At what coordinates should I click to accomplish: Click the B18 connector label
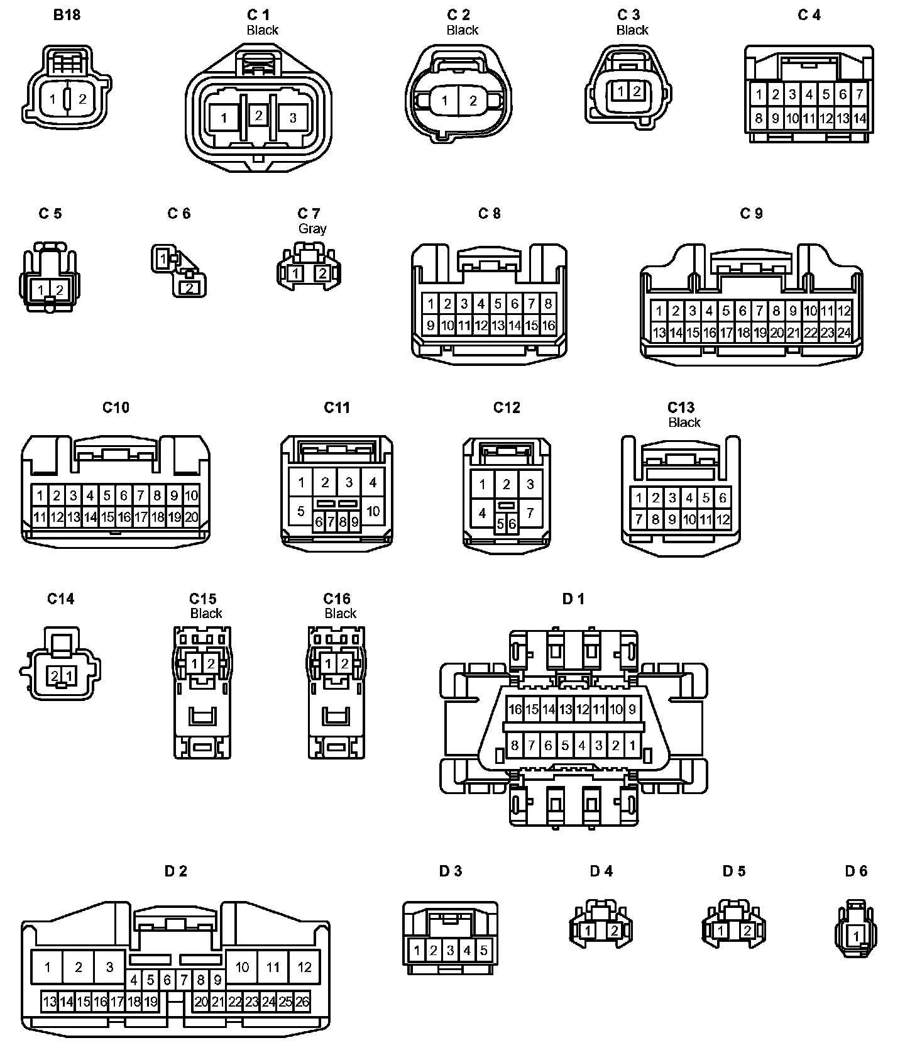pyautogui.click(x=67, y=15)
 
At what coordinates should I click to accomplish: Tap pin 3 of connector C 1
pyautogui.click(x=293, y=118)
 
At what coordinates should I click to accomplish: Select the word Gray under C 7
pyautogui.click(x=312, y=229)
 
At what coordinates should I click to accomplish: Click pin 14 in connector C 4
pyautogui.click(x=860, y=118)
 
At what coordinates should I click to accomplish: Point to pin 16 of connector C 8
pyautogui.click(x=548, y=326)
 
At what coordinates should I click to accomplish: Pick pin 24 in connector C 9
pyautogui.click(x=844, y=333)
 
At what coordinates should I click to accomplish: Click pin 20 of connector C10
pyautogui.click(x=191, y=517)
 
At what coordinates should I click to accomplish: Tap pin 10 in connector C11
pyautogui.click(x=373, y=511)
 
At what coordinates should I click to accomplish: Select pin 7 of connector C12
pyautogui.click(x=530, y=513)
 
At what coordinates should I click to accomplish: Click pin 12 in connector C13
pyautogui.click(x=723, y=519)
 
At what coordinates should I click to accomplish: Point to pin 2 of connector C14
pyautogui.click(x=55, y=676)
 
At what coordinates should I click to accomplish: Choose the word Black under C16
pyautogui.click(x=341, y=614)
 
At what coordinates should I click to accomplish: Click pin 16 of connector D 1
pyautogui.click(x=515, y=710)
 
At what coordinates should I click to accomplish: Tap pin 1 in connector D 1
pyautogui.click(x=632, y=746)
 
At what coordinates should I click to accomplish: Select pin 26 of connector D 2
pyautogui.click(x=302, y=1002)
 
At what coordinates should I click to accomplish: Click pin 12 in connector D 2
pyautogui.click(x=305, y=967)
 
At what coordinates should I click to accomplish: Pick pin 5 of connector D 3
pyautogui.click(x=484, y=950)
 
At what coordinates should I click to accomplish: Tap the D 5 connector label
pyautogui.click(x=733, y=871)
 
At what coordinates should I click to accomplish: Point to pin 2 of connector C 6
pyautogui.click(x=188, y=288)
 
